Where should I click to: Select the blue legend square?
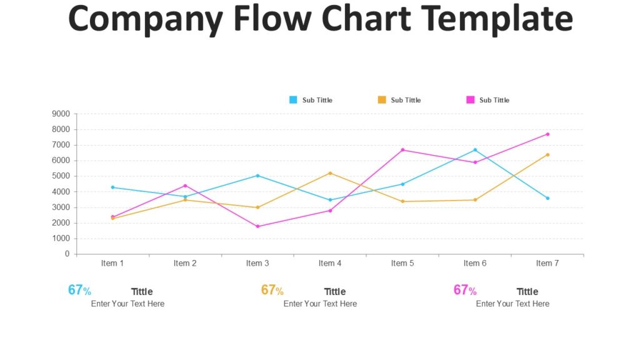[x=293, y=100]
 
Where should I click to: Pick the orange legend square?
[x=382, y=100]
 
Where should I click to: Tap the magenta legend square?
[x=471, y=100]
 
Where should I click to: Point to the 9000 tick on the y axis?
[x=61, y=114]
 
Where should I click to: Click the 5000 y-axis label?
[x=61, y=176]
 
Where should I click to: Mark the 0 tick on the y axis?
[x=67, y=254]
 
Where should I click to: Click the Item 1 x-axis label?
[x=112, y=263]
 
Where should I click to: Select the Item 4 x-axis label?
[x=330, y=263]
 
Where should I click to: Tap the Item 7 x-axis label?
[x=547, y=263]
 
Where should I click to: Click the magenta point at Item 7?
[x=547, y=134]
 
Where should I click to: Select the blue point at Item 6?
[x=475, y=150]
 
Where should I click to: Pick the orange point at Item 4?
[x=330, y=173]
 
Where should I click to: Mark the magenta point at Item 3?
[x=257, y=226]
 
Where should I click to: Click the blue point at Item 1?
[x=112, y=187]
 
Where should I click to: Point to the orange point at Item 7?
[x=547, y=154]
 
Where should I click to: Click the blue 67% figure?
[x=79, y=290]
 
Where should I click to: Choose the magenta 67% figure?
[x=465, y=290]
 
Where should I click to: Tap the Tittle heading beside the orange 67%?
[x=335, y=291]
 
